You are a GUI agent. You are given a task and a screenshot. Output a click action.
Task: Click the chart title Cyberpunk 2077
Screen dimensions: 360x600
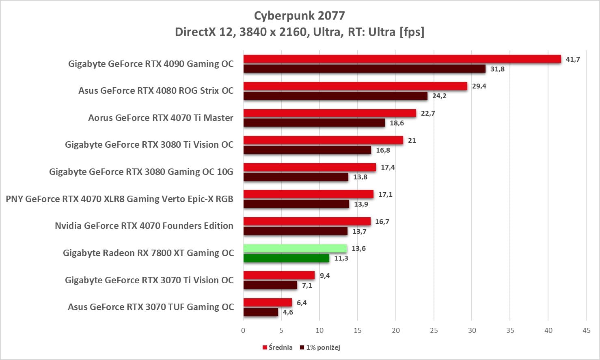(299, 16)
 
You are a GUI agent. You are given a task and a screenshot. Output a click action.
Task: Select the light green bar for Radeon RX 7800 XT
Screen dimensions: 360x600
(295, 248)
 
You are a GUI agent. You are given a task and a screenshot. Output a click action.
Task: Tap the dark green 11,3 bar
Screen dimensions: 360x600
(286, 258)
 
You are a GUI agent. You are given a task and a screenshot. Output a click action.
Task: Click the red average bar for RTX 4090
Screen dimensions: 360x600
(402, 59)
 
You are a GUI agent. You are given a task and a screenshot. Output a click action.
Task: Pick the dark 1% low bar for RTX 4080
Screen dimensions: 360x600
(335, 96)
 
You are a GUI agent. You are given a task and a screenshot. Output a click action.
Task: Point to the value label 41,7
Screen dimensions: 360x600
(573, 59)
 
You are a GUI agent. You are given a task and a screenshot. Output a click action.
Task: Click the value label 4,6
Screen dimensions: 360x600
(288, 312)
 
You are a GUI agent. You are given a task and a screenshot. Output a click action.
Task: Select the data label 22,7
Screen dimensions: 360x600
(428, 113)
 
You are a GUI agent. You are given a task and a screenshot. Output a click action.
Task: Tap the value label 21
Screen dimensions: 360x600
(412, 140)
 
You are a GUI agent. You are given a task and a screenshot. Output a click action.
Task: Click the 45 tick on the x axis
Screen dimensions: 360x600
(586, 330)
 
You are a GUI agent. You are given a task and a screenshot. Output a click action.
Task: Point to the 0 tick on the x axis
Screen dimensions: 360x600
(243, 330)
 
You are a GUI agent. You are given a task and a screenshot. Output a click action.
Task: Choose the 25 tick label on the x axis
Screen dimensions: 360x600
(434, 330)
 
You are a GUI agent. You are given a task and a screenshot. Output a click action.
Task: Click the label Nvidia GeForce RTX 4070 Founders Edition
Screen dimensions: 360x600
(144, 226)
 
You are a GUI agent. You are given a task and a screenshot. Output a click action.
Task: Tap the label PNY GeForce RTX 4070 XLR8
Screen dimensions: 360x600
(119, 199)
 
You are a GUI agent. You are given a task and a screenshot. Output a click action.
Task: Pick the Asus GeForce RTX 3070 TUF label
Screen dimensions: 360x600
(151, 307)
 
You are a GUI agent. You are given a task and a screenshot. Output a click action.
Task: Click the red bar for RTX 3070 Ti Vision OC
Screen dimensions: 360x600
(279, 276)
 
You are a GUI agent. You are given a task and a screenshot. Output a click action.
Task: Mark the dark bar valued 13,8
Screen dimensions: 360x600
(296, 177)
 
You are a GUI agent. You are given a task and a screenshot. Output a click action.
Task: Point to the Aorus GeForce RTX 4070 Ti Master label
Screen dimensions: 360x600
(161, 118)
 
